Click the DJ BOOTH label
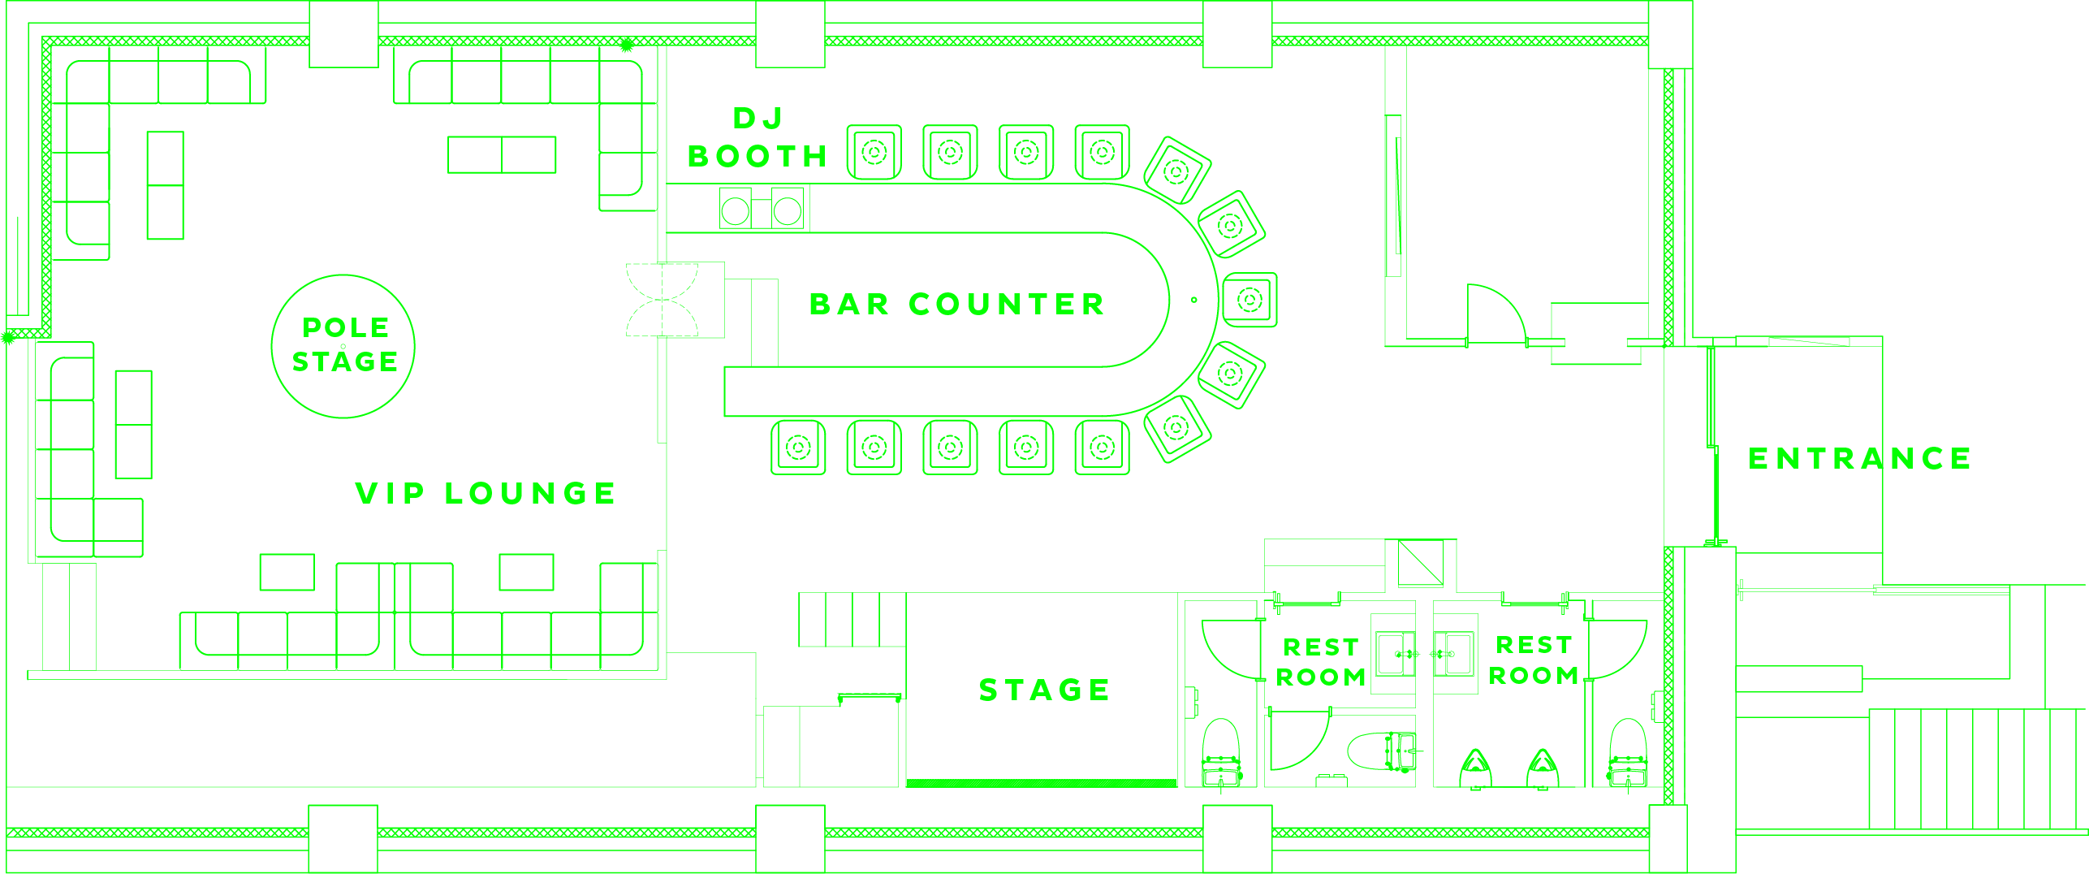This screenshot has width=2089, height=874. pyautogui.click(x=757, y=138)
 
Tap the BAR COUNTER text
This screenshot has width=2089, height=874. pyautogui.click(x=956, y=305)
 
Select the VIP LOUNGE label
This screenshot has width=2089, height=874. pyautogui.click(x=486, y=493)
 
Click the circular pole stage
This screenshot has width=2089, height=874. pyautogui.click(x=343, y=347)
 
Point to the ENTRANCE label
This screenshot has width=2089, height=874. pyautogui.click(x=1859, y=459)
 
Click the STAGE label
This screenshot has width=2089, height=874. pyautogui.click(x=1044, y=690)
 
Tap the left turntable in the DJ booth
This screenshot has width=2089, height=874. pyautogui.click(x=736, y=211)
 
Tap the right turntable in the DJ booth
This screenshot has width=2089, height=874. pyautogui.click(x=787, y=211)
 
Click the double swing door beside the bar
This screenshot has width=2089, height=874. pyautogui.click(x=663, y=300)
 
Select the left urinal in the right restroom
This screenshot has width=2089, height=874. pyautogui.click(x=1476, y=767)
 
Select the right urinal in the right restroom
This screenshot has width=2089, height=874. pyautogui.click(x=1542, y=767)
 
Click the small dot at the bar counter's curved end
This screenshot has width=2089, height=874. pyautogui.click(x=1193, y=300)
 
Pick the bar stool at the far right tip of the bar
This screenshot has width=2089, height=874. pyautogui.click(x=1250, y=300)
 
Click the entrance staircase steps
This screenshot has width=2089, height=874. pyautogui.click(x=1977, y=768)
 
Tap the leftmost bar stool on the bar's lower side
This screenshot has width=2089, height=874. pyautogui.click(x=798, y=448)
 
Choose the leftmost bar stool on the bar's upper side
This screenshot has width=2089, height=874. pyautogui.click(x=874, y=152)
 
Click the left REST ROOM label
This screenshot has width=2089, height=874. pyautogui.click(x=1321, y=662)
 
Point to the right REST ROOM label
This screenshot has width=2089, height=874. pyautogui.click(x=1534, y=660)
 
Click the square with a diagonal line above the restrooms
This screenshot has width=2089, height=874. pyautogui.click(x=1420, y=562)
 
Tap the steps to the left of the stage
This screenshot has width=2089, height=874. pyautogui.click(x=852, y=620)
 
